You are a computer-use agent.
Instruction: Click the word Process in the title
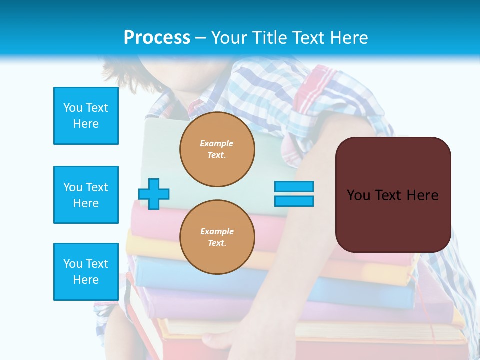pos(157,38)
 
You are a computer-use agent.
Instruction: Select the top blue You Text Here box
pos(86,116)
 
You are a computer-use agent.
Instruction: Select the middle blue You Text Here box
pos(86,195)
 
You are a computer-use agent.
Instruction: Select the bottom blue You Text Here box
pos(86,272)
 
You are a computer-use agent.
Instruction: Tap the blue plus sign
pos(154,194)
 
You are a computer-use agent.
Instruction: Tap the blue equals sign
pos(294,194)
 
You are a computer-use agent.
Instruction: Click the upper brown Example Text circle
pos(217,149)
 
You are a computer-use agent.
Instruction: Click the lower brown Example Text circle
pos(217,237)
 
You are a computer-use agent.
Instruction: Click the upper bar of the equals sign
pos(294,186)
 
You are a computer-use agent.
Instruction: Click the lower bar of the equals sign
pos(294,201)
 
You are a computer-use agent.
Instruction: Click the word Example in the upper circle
pos(217,143)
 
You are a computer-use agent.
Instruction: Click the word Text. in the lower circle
pos(217,243)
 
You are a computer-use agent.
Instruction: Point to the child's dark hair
pos(117,70)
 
